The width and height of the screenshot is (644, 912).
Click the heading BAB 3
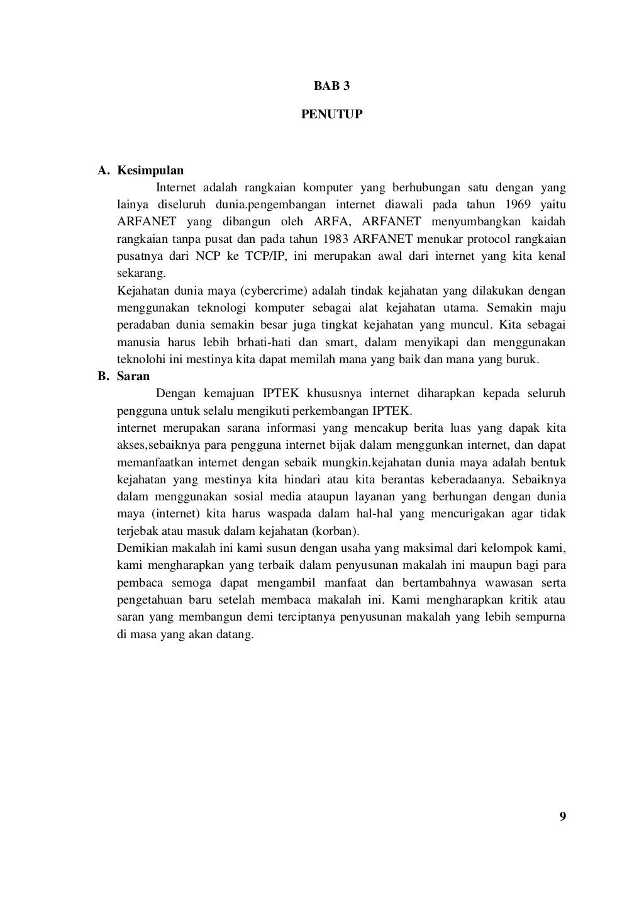click(x=331, y=86)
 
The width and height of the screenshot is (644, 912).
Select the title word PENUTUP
click(x=331, y=115)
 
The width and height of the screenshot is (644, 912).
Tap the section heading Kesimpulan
click(x=150, y=171)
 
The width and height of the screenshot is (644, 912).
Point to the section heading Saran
click(x=133, y=376)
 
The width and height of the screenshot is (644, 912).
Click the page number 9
click(x=562, y=816)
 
